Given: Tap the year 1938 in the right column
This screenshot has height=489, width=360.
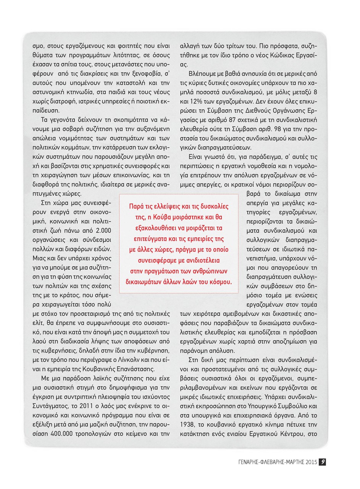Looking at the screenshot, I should [x=187, y=424].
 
